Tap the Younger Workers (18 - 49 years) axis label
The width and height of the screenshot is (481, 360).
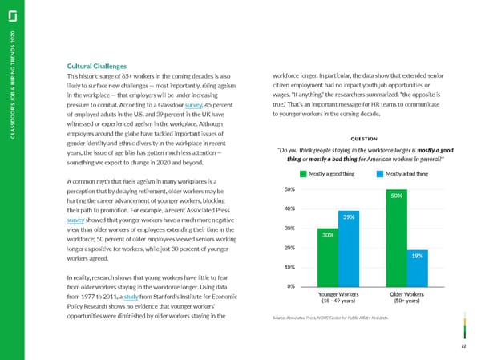[338, 299]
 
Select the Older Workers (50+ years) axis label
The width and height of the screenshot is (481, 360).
[406, 299]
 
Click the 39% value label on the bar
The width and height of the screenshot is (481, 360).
[349, 216]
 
